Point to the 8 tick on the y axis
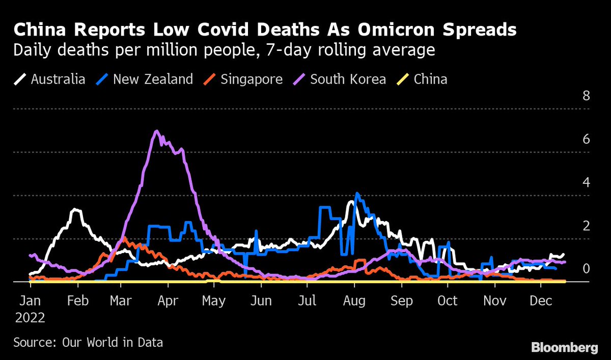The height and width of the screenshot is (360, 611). click(x=586, y=96)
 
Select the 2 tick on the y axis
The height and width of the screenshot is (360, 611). click(x=586, y=226)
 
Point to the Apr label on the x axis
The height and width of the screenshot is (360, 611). click(x=168, y=301)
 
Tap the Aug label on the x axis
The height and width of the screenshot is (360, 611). click(x=354, y=301)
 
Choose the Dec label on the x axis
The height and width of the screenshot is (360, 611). click(x=541, y=301)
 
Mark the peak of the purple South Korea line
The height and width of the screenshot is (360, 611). click(x=156, y=131)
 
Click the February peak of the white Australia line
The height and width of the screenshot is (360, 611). click(x=76, y=210)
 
